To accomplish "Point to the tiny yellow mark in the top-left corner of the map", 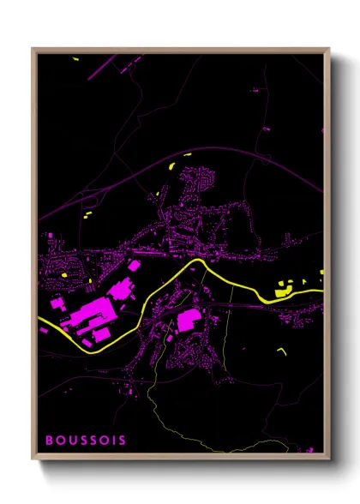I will (x=75, y=59).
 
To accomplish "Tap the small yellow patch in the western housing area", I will (x=65, y=274).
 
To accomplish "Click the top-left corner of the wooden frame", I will (x=33, y=49).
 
